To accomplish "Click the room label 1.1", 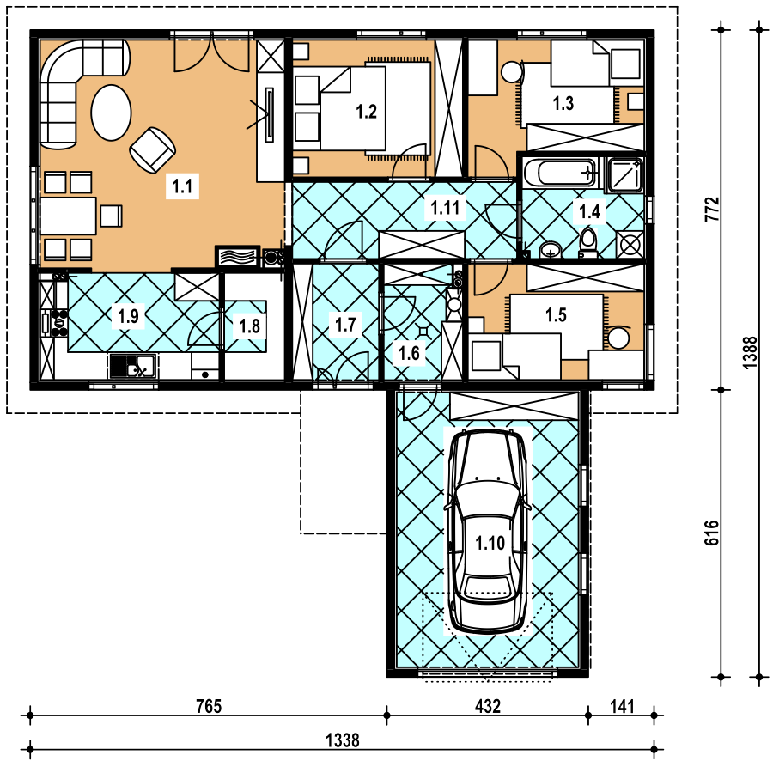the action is tap(182, 186).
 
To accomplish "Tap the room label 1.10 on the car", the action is tap(490, 543).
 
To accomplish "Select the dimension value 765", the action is tap(209, 706).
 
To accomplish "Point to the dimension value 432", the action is tap(488, 706).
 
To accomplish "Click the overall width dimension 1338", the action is tap(343, 740).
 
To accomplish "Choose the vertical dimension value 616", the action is tap(711, 533).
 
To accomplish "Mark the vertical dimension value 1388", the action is tap(750, 352).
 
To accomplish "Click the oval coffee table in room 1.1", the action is tap(112, 113).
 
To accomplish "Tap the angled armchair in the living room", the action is tap(153, 149).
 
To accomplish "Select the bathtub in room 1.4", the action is tap(561, 173).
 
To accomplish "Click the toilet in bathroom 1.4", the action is tap(587, 242).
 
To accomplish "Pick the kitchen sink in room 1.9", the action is tap(132, 366).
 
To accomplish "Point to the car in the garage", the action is tap(488, 531).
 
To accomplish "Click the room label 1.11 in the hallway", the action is tap(445, 208).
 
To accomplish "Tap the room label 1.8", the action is tap(249, 326).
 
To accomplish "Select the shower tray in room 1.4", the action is tap(624, 174).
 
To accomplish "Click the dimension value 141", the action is tap(622, 706).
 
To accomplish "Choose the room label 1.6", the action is tap(409, 353).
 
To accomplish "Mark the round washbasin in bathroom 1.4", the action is tap(550, 250).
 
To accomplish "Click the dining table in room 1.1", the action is tap(68, 216).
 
